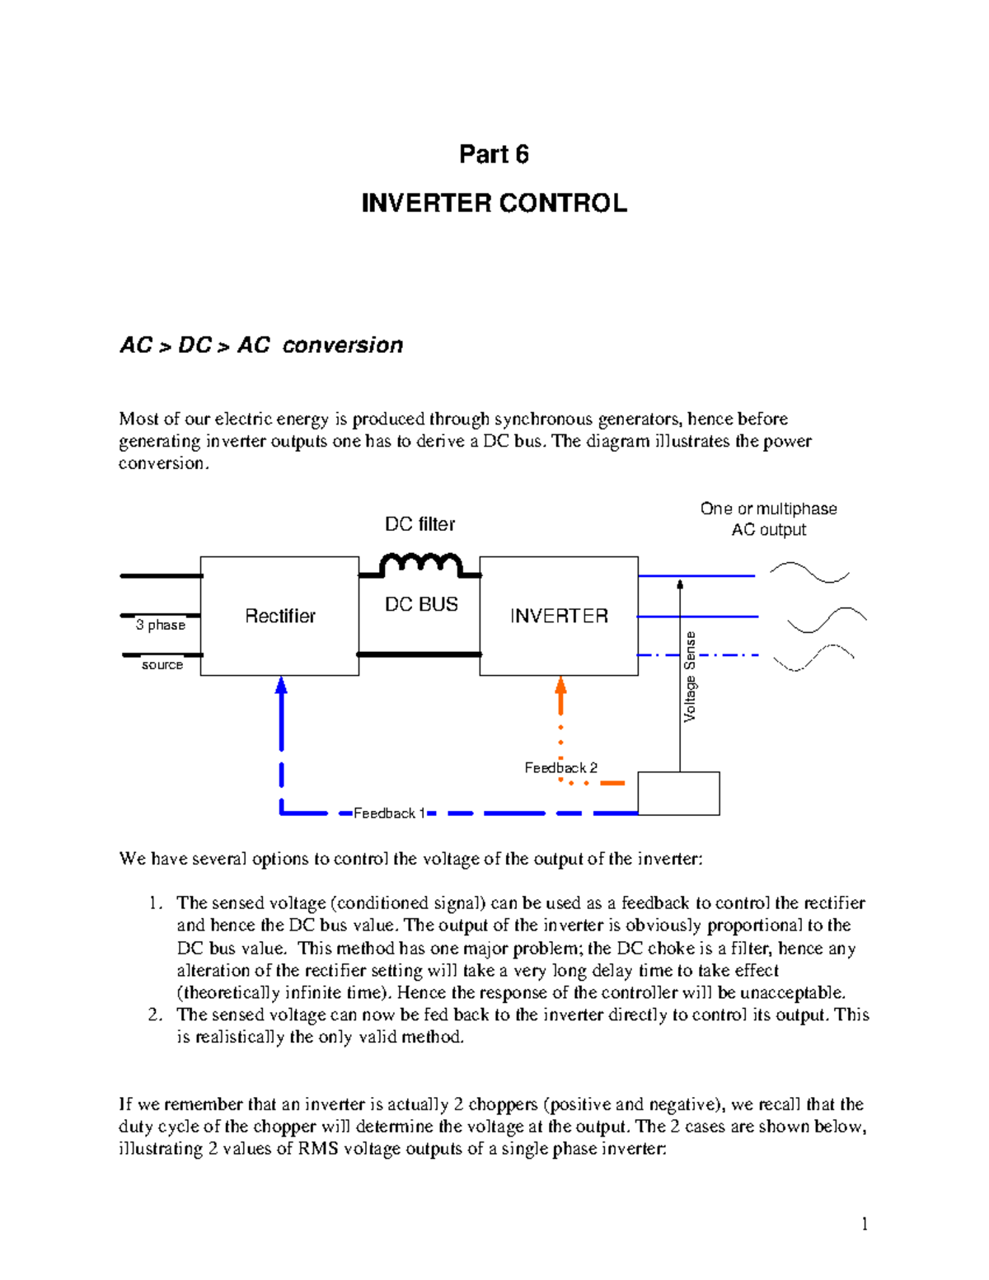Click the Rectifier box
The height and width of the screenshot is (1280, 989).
click(x=279, y=616)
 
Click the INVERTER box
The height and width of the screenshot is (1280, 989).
click(x=559, y=616)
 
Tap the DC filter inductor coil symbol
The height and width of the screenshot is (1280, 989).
click(x=420, y=565)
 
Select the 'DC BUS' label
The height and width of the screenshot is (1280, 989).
click(x=421, y=604)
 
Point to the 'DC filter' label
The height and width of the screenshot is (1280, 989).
click(x=420, y=524)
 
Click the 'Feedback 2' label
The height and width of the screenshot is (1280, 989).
click(x=560, y=767)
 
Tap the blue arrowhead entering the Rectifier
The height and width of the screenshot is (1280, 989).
click(x=281, y=685)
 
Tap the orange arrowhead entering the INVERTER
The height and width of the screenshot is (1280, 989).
click(x=560, y=685)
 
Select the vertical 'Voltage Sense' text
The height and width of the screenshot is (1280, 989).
click(x=690, y=677)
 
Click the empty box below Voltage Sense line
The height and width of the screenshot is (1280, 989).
click(x=678, y=793)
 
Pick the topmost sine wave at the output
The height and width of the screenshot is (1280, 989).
click(x=809, y=572)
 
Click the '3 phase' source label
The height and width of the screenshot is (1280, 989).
click(x=161, y=625)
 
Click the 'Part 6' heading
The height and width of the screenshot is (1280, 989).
click(x=494, y=154)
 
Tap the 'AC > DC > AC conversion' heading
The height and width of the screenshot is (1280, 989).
click(x=261, y=345)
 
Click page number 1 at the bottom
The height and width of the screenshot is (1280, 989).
click(x=864, y=1224)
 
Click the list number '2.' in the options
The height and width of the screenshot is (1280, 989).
click(x=156, y=1015)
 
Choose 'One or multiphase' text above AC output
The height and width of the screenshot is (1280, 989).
click(x=768, y=509)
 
